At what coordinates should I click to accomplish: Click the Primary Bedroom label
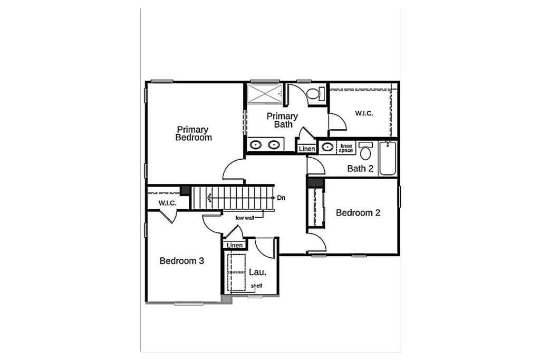(x=194, y=133)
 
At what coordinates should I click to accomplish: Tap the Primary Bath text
(x=283, y=120)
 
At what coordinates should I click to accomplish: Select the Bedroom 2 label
(x=358, y=213)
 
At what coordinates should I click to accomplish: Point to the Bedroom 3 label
(x=182, y=261)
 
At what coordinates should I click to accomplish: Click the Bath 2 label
(x=360, y=168)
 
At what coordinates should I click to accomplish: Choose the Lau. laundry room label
(x=257, y=272)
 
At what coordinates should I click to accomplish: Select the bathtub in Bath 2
(x=388, y=158)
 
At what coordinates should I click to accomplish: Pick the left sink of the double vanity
(x=256, y=144)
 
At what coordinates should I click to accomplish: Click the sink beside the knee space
(x=327, y=147)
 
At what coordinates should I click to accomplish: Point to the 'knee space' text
(x=346, y=148)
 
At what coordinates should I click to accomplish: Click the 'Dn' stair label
(x=281, y=198)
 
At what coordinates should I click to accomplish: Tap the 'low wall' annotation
(x=245, y=218)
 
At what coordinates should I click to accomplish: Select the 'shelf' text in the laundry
(x=257, y=286)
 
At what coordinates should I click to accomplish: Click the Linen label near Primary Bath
(x=307, y=149)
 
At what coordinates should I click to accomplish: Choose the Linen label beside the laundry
(x=235, y=246)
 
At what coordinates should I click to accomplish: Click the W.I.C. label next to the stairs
(x=167, y=203)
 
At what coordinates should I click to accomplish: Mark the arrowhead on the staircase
(x=209, y=198)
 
